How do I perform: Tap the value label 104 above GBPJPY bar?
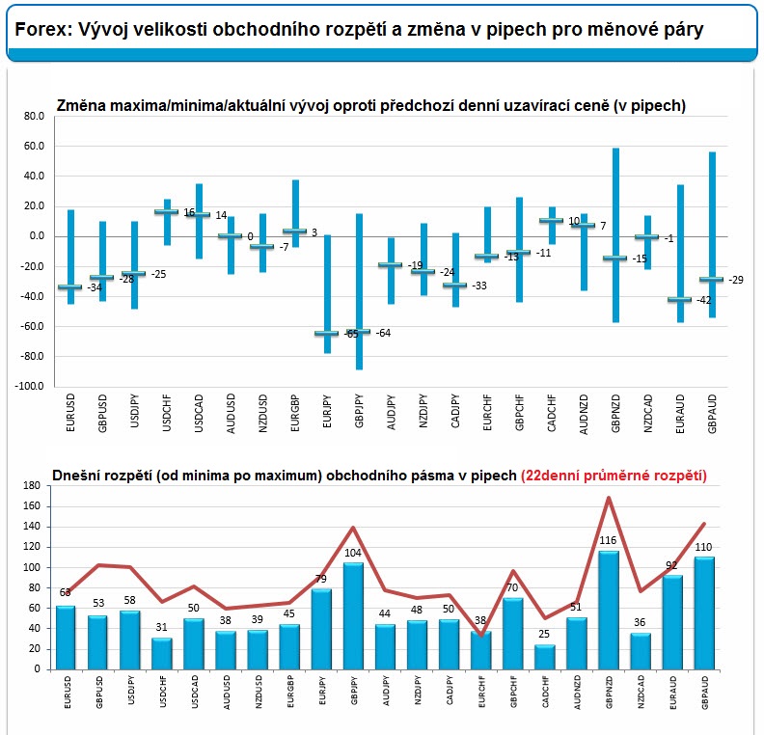[x=353, y=554]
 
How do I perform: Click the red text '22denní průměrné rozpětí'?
[x=614, y=476]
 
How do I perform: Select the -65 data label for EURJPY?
[x=351, y=334]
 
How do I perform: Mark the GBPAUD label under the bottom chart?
[x=706, y=697]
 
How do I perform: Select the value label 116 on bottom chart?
[x=609, y=542]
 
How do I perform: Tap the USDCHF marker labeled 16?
[x=166, y=212]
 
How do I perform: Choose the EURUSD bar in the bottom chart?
[x=66, y=637]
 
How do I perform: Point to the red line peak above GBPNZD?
[x=609, y=498]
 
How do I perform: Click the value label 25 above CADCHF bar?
[x=545, y=636]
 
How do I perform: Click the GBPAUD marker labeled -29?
[x=712, y=280]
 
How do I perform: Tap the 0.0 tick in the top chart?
[x=36, y=236]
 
